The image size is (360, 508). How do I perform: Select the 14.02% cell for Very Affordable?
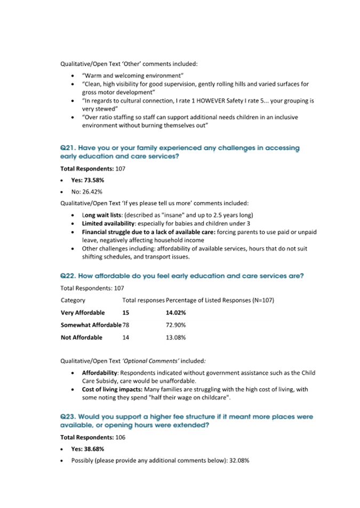[175, 312]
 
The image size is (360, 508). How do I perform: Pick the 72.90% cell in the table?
[175, 325]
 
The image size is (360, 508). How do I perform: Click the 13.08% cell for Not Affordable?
[175, 337]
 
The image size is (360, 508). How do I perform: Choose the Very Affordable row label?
[83, 312]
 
